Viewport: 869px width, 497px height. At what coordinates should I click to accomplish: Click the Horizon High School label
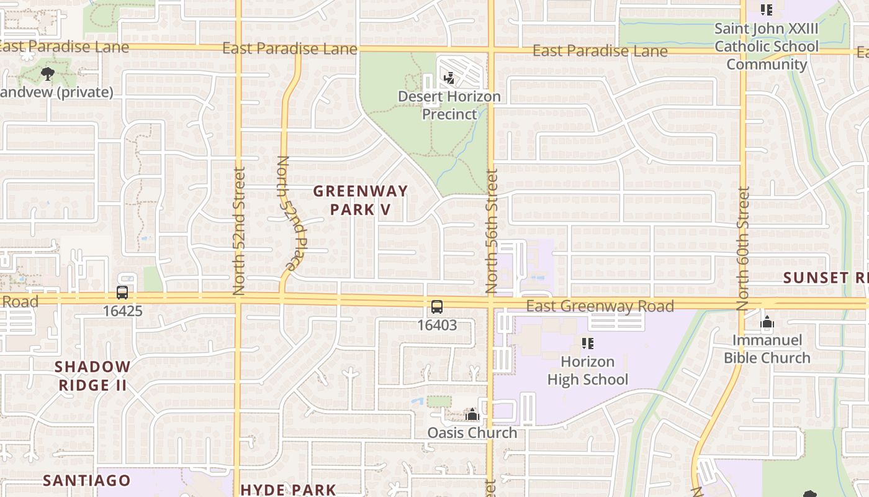(x=588, y=370)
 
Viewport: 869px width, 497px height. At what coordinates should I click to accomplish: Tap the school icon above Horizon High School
(x=588, y=343)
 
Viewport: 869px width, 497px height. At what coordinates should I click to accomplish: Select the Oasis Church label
(x=472, y=432)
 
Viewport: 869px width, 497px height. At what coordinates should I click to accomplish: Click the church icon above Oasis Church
(x=472, y=414)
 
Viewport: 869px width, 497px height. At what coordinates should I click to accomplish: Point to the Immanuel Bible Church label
(x=767, y=349)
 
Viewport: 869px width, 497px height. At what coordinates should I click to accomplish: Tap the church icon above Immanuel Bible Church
(x=768, y=322)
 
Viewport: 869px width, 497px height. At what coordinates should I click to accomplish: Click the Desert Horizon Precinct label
(x=449, y=105)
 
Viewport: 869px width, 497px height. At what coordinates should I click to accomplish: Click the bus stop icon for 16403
(x=437, y=306)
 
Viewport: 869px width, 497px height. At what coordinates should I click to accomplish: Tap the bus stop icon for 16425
(x=122, y=292)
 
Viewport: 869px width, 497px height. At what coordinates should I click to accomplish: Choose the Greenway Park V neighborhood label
(x=361, y=200)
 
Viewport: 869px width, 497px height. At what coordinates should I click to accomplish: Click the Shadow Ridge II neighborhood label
(x=93, y=376)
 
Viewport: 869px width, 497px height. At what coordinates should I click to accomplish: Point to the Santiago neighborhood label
(x=87, y=480)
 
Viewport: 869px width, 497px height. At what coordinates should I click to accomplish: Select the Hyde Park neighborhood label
(x=288, y=490)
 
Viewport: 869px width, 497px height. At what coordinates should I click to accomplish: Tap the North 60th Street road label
(x=743, y=248)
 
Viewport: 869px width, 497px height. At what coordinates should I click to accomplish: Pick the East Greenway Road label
(x=600, y=306)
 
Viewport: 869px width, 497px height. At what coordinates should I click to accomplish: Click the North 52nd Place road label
(x=285, y=213)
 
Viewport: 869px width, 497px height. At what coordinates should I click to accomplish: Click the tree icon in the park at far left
(x=47, y=75)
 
